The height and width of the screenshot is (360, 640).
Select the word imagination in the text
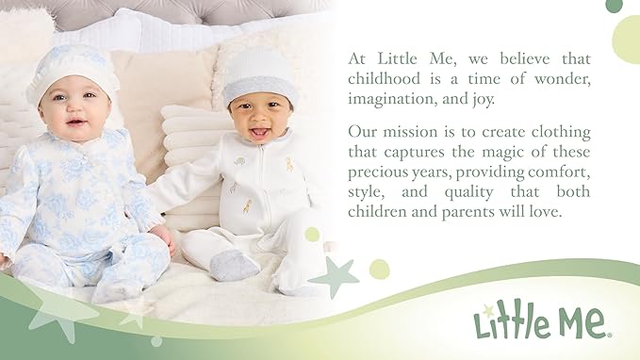pos(389,100)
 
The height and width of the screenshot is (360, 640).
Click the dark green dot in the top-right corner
pos(614,5)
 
